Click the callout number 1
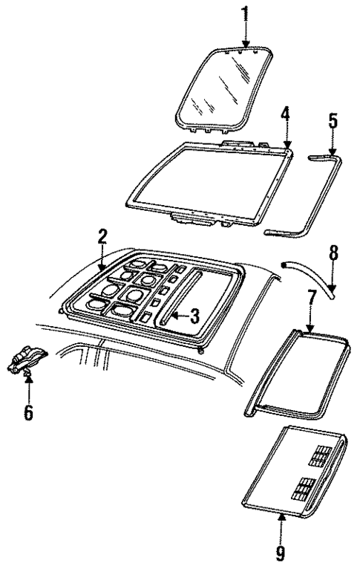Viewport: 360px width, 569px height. tap(246, 13)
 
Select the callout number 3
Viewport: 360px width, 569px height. tap(193, 317)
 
